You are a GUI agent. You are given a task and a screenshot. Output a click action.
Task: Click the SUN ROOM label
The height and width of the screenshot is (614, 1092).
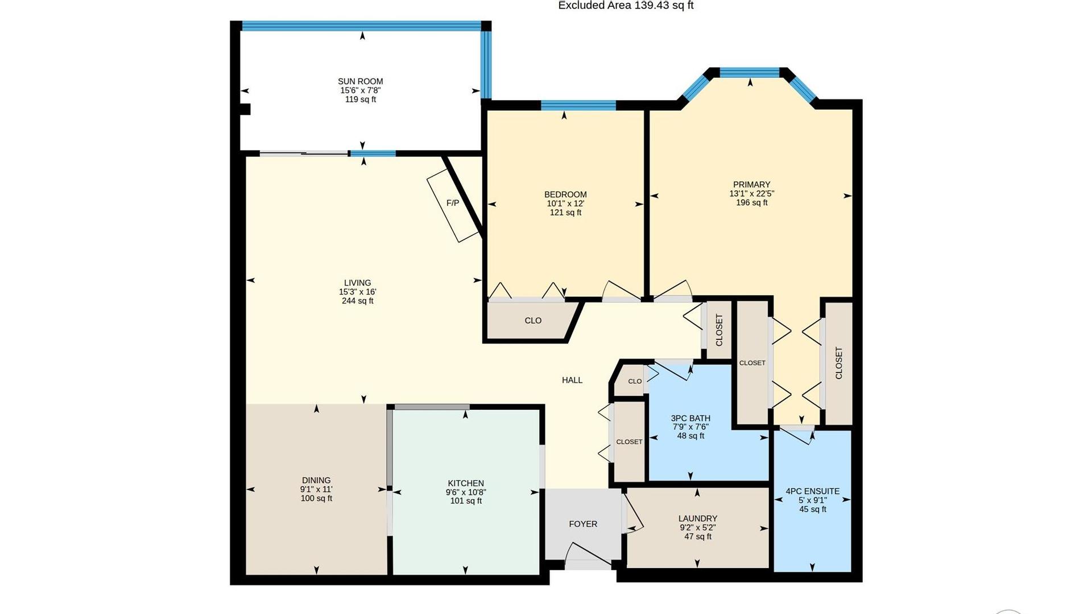coord(361,81)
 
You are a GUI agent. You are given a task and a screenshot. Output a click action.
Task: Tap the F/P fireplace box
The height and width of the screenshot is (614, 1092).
coord(453,205)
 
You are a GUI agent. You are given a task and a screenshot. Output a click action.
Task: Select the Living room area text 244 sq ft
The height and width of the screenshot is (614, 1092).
coord(358,301)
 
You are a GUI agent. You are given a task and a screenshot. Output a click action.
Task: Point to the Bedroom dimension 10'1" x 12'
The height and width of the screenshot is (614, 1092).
coord(565,204)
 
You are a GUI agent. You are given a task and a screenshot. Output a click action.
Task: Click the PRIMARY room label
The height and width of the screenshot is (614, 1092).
coord(751,184)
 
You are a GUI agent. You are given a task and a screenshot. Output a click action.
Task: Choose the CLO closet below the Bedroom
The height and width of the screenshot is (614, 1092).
coord(533,321)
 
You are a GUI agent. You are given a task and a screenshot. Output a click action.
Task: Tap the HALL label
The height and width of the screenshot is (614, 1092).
coord(572,380)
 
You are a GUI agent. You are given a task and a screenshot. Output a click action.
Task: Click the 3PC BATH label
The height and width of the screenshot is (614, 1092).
coord(690,418)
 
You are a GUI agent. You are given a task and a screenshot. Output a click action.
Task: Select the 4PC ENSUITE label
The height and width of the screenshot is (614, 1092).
coord(813,491)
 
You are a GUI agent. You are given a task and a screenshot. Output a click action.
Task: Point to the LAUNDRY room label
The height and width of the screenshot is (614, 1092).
coord(698,518)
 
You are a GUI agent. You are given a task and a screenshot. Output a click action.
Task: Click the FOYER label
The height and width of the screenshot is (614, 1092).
coord(583,524)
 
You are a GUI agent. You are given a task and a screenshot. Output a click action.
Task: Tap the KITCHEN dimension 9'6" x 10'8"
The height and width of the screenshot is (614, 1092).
coord(466,492)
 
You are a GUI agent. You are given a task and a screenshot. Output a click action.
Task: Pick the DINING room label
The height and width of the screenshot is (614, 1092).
coord(316,480)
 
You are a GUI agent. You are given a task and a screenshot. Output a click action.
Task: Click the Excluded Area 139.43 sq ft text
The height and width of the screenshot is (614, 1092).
coord(626,6)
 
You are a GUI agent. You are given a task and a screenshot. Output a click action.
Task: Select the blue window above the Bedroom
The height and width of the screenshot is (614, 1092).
coord(578,105)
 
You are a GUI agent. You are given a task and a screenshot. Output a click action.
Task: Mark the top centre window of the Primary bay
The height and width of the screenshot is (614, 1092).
coord(750,72)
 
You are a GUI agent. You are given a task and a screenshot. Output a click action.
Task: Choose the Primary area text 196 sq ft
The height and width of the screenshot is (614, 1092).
coord(751,202)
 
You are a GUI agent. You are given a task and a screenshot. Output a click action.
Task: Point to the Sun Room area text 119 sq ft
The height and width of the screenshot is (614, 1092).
coord(361,99)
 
